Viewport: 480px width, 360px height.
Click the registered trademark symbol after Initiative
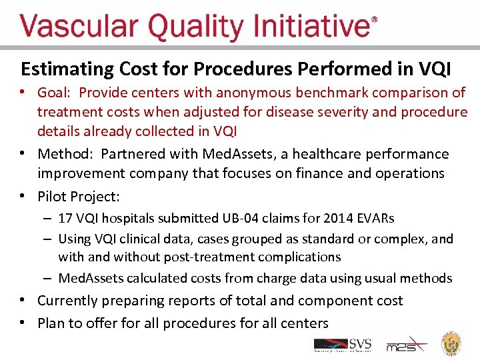[x=374, y=21]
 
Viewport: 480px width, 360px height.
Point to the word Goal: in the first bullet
[x=55, y=93]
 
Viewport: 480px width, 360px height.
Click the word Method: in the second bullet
[x=65, y=154]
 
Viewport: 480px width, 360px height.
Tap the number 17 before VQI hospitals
[x=65, y=219]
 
